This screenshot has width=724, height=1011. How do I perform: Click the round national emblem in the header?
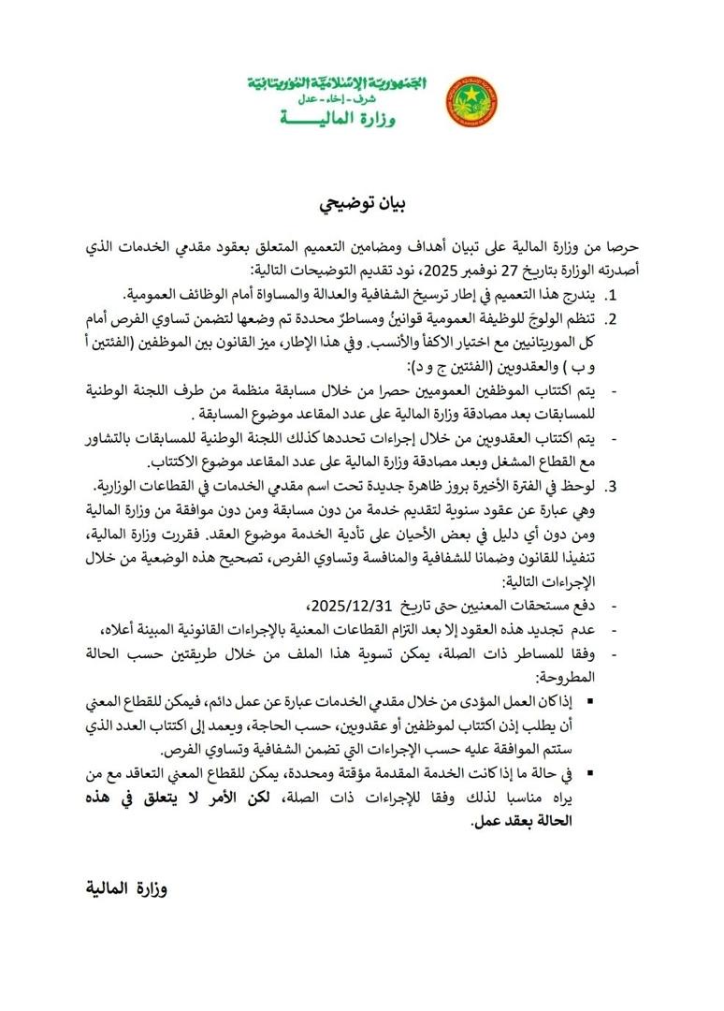click(x=472, y=104)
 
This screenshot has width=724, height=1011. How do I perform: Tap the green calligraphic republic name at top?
click(x=338, y=84)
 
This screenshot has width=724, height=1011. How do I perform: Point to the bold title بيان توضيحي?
click(x=360, y=204)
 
